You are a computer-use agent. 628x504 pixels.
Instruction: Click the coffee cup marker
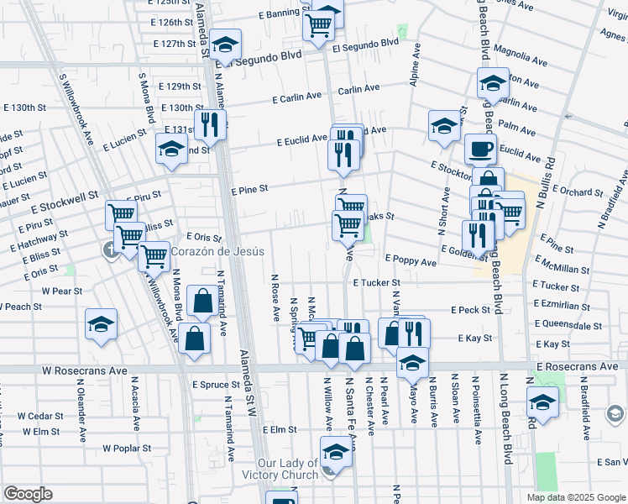(480, 149)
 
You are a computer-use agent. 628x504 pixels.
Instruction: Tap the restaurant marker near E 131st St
(209, 124)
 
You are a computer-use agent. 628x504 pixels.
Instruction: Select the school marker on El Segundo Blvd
(225, 44)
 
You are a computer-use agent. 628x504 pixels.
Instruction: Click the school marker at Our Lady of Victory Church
(336, 452)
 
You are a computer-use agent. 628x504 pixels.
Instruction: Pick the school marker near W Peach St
(101, 324)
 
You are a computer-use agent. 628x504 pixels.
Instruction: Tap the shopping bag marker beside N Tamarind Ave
(202, 300)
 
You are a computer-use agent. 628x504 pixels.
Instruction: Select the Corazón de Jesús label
(218, 251)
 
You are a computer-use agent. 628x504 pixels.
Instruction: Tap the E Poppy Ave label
(411, 262)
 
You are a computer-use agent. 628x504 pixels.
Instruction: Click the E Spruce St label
(216, 385)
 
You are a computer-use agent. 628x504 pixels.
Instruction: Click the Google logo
(28, 494)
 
